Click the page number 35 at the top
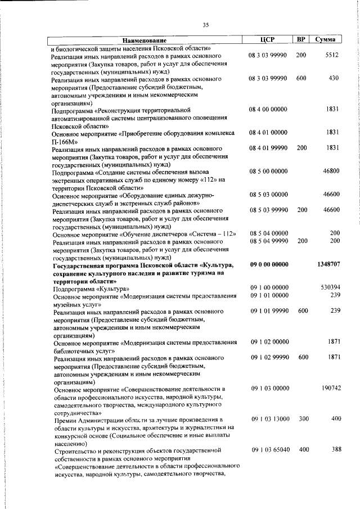tap(205, 24)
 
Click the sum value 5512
tap(332, 55)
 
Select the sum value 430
tap(333, 78)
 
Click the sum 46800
tap(330, 171)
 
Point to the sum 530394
tap(330, 287)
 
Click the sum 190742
tap(330, 388)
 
